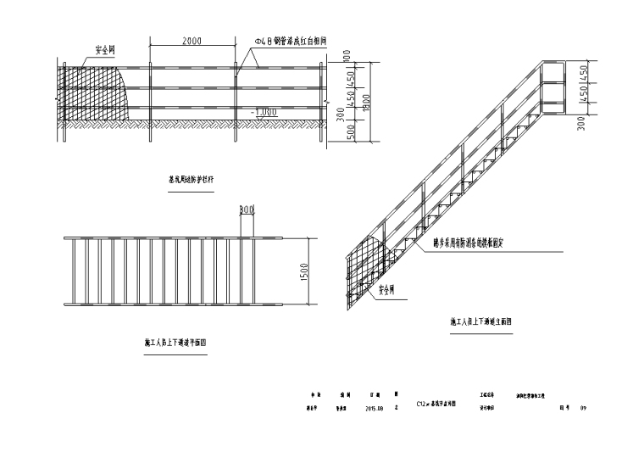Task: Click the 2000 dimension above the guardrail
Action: tap(192, 41)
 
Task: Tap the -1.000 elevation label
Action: tap(267, 110)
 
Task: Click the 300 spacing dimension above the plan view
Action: tap(247, 209)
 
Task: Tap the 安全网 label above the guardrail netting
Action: tap(104, 51)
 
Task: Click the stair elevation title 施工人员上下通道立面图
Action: tap(480, 322)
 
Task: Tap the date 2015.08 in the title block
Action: tap(375, 407)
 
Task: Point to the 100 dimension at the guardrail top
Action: tap(347, 56)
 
